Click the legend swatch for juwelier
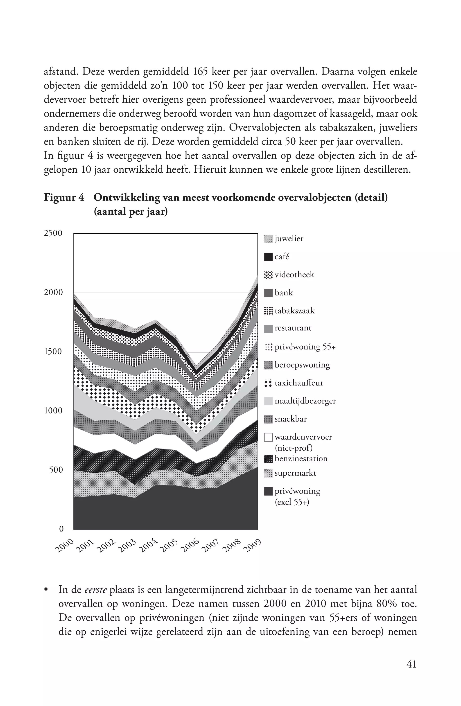click(268, 239)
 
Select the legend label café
click(282, 257)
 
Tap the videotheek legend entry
click(294, 275)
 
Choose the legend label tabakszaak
click(294, 311)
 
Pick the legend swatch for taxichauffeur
click(268, 383)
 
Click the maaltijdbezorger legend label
click(305, 401)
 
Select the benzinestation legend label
click(301, 459)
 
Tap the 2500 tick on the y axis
click(53, 233)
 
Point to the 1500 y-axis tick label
click(53, 352)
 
